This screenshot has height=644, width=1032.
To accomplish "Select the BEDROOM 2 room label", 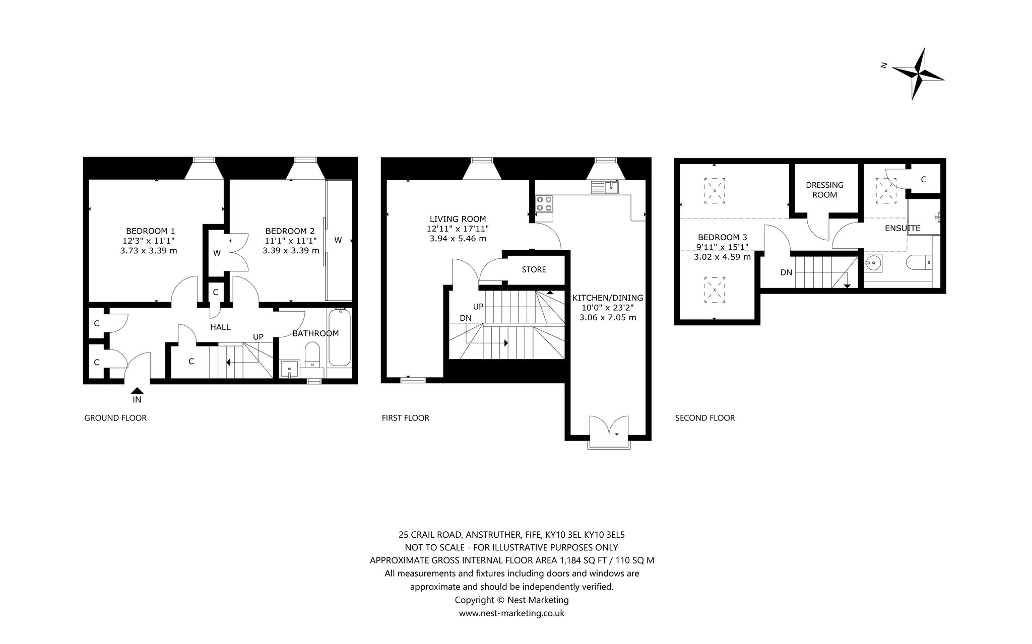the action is point(290,231).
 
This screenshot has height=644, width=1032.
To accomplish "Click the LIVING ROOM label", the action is point(458,219).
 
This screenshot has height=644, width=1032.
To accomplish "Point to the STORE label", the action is point(534,269).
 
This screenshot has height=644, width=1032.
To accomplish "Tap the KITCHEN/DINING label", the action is point(608,298).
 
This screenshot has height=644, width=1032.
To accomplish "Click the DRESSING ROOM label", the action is point(824,190).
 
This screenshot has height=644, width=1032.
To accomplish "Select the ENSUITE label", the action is point(902,228).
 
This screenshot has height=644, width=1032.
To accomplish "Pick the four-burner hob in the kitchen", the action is point(543,203).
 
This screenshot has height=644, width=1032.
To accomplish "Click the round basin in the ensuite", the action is point(875,262).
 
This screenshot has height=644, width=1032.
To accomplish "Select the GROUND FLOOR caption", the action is point(115,418).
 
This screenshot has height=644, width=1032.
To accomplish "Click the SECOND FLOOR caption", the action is point(705,418).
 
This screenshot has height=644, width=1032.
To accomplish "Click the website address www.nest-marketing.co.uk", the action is point(511,613).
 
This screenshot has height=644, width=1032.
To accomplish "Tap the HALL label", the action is point(220,327).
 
